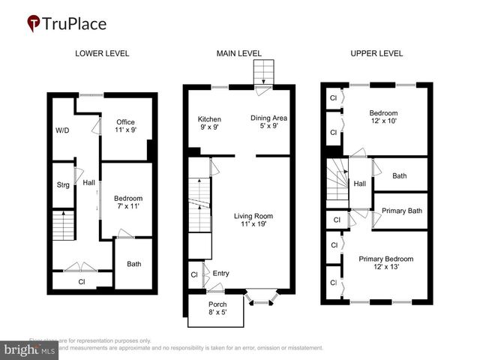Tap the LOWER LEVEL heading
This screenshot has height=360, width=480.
(102, 53)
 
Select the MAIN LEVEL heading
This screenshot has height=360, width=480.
(238, 53)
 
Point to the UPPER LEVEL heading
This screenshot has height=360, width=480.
(376, 53)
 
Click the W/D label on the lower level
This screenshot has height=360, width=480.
(62, 130)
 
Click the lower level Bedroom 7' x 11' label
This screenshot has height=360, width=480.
(129, 202)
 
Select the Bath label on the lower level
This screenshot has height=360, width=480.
(134, 264)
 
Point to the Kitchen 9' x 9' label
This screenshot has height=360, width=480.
(209, 124)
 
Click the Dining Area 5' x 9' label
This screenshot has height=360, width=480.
(268, 122)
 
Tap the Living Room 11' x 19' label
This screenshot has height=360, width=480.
(253, 220)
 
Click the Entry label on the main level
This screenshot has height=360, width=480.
(220, 273)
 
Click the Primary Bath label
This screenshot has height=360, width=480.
(403, 211)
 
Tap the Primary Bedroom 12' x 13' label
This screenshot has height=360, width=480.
(385, 262)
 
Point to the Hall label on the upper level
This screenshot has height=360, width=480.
(359, 183)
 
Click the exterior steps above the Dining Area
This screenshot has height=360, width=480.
(262, 73)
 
